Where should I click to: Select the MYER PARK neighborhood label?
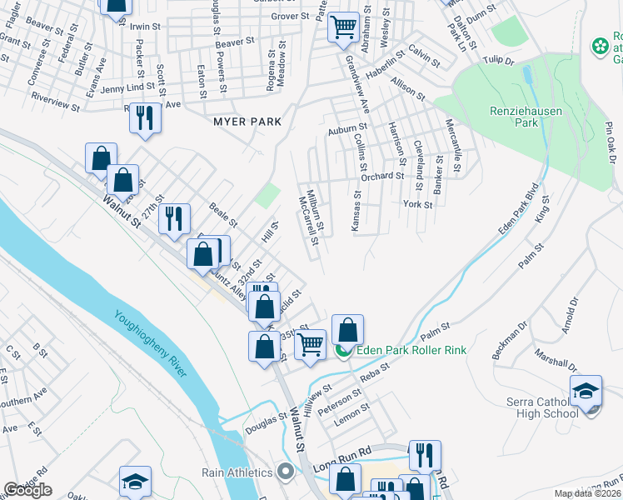(247, 122)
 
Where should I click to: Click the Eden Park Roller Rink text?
(411, 350)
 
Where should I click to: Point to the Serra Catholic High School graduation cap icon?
(586, 391)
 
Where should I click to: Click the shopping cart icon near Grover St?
(342, 27)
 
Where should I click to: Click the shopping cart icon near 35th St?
(311, 343)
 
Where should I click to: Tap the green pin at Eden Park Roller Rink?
(343, 351)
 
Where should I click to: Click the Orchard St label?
(382, 176)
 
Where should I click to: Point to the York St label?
(417, 204)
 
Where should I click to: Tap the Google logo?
(27, 490)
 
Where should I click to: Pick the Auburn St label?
(341, 130)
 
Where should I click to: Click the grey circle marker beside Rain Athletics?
(285, 472)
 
